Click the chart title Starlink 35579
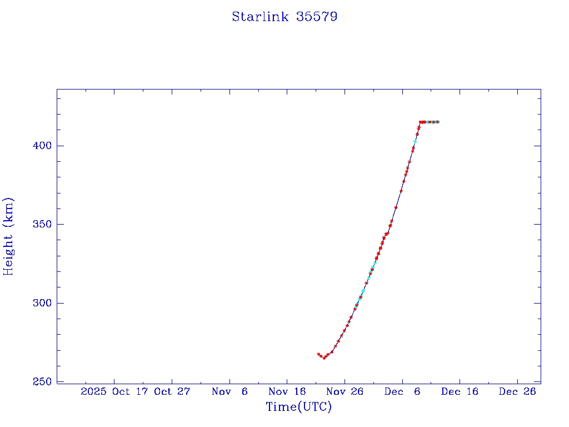coord(284,17)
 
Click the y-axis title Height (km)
coord(9,236)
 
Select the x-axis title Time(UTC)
coord(298,407)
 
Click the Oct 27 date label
coord(172,391)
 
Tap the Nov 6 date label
coord(229,391)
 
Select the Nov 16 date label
coord(287,391)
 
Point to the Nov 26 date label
coord(345,391)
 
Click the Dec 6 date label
coord(402,391)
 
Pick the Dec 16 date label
coord(460,391)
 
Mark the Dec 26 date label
coord(517,391)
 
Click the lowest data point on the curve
coord(324,358)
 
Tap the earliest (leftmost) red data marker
coord(318,354)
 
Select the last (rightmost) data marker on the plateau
coord(438,122)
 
